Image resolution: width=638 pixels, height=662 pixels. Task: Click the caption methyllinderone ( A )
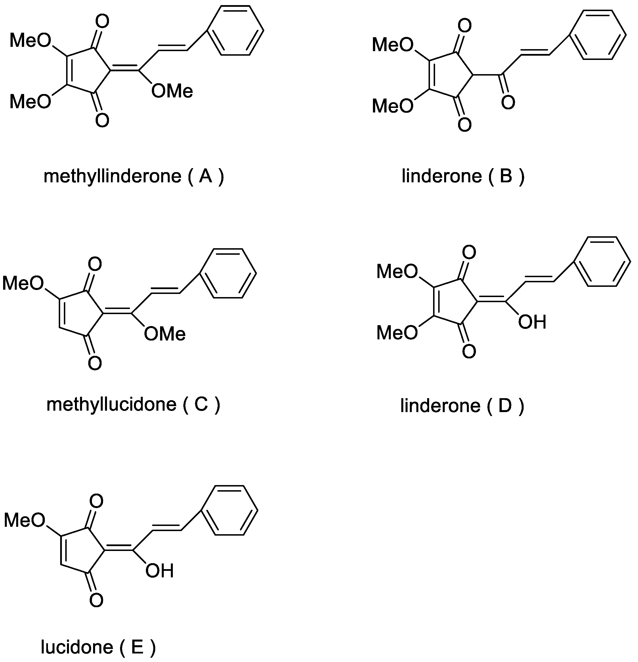(134, 176)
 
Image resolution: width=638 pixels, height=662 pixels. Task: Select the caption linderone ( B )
(463, 176)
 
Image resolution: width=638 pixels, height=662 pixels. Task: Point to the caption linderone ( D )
(462, 406)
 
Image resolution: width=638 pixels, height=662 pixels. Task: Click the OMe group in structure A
(172, 91)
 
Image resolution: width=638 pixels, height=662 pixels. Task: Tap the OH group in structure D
(532, 322)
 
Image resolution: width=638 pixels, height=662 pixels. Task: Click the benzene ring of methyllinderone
(236, 30)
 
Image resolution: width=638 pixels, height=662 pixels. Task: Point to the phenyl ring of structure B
(598, 35)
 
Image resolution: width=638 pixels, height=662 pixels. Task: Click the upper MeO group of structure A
(30, 41)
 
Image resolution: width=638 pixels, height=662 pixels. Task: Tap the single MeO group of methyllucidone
(23, 283)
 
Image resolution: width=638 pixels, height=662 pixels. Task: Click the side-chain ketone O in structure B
(508, 102)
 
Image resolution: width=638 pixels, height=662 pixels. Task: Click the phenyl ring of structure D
(603, 262)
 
